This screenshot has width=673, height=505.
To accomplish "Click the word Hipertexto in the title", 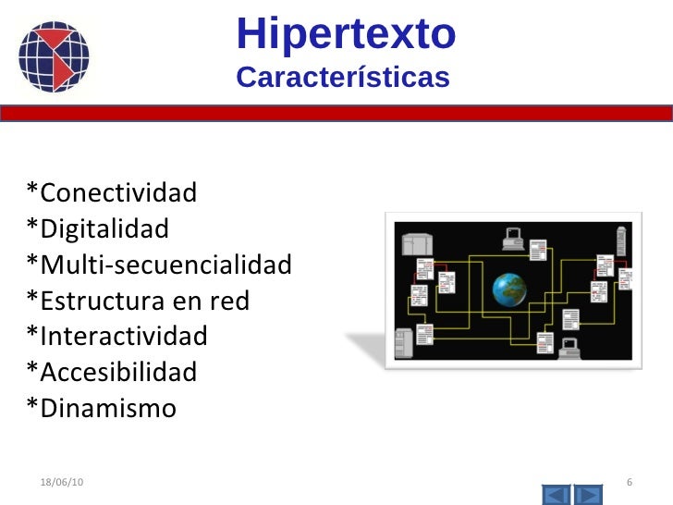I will [346, 34].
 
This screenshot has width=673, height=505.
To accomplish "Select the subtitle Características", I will [343, 78].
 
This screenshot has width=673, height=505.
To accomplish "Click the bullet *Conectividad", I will [112, 192].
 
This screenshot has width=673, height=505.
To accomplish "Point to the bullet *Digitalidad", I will [98, 228].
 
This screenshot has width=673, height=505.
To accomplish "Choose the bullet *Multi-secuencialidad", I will [159, 265].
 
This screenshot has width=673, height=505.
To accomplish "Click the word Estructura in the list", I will [101, 301].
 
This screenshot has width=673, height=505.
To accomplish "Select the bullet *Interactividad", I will [117, 336].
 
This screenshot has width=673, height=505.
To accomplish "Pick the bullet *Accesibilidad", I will [112, 372].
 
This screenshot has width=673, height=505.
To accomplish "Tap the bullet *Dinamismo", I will [101, 408].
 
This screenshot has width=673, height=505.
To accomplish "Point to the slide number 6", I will [629, 484].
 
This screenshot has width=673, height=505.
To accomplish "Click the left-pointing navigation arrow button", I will [555, 495].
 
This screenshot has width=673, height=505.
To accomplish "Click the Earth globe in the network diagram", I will [508, 289].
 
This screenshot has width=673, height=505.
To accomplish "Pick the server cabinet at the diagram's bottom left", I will [403, 343].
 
